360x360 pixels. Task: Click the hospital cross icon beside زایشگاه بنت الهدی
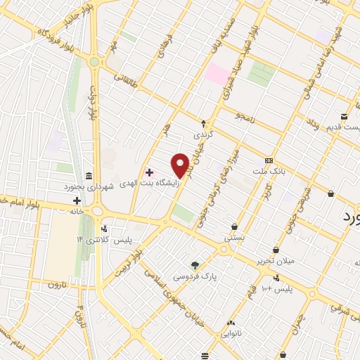coord(149,172)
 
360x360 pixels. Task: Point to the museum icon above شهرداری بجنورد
coord(87,175)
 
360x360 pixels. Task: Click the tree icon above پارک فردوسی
coord(195,265)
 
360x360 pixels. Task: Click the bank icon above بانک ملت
coord(269,160)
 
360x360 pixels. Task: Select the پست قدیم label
coord(342,127)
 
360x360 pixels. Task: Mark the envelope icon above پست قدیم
coord(345,116)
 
